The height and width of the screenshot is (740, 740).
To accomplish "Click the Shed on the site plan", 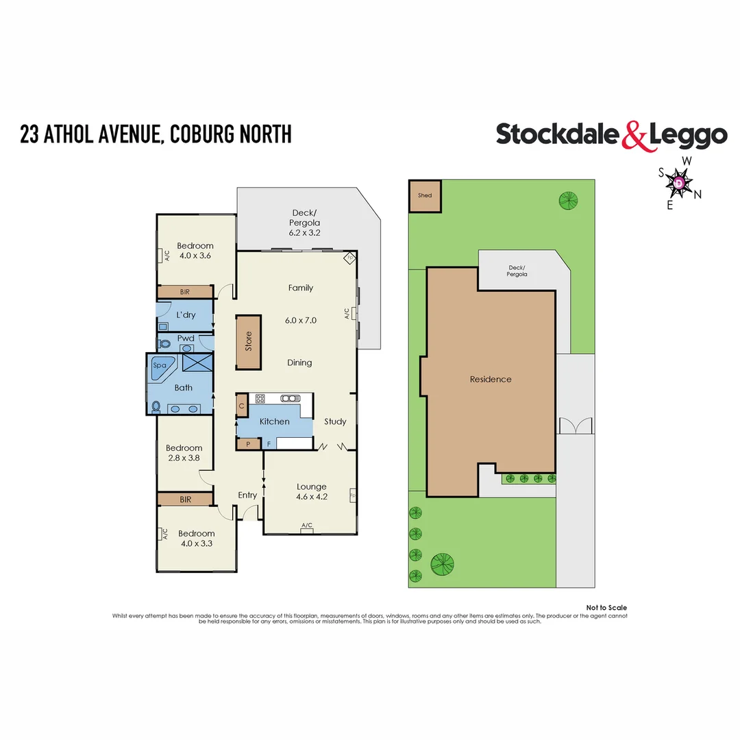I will point(425,196).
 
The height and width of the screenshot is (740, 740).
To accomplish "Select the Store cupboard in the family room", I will point(249,343).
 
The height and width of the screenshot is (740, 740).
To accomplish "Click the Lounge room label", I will point(311,486).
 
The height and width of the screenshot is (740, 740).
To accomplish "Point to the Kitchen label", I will point(274,421).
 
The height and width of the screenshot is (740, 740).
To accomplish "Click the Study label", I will point(335,421).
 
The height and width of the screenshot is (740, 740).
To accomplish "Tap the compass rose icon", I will point(678,183).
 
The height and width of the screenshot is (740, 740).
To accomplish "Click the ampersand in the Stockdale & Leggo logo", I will point(635,136).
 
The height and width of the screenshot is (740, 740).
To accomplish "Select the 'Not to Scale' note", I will point(606,608).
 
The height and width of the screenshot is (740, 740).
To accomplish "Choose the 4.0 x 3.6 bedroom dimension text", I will point(195,256).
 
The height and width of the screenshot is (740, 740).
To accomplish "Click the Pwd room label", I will point(186,338).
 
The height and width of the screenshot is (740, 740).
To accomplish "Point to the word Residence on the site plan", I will point(491,379).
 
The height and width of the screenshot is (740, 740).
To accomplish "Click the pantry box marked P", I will point(242,444).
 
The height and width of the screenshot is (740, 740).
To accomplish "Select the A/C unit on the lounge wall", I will point(306,526).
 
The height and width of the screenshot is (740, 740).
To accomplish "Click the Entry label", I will point(247,495).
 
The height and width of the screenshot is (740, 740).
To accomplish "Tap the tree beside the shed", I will point(567,200).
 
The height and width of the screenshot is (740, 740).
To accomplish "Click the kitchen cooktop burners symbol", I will point(260,399).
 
